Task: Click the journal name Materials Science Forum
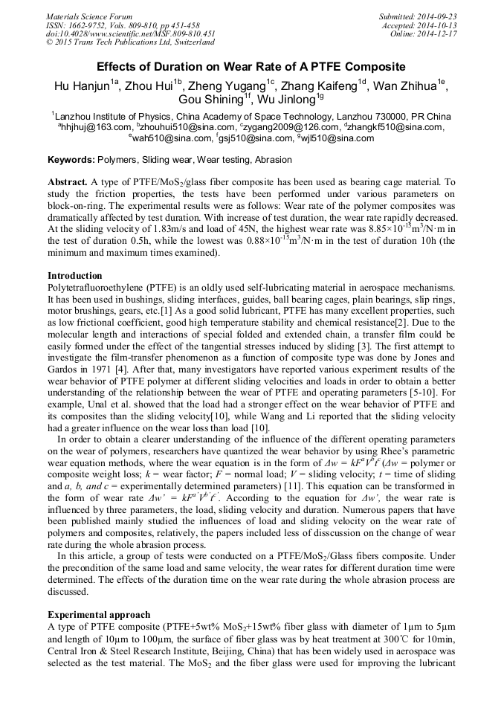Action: point(89,16)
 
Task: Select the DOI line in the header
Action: point(131,33)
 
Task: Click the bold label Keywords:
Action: point(71,160)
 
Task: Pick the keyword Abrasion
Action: point(273,160)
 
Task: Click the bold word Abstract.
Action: point(68,182)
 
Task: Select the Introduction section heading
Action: point(75,276)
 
